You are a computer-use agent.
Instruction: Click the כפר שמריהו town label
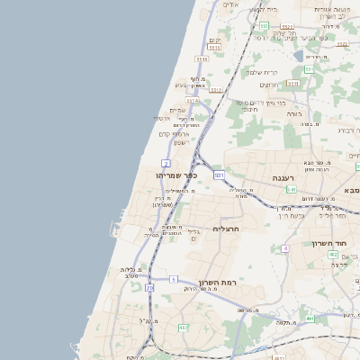(175, 175)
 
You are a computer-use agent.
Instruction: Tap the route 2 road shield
(166, 163)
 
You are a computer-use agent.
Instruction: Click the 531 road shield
(219, 174)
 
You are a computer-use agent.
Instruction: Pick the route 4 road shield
(285, 247)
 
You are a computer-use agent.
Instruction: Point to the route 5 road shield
(173, 280)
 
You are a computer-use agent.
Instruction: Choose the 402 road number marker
(333, 255)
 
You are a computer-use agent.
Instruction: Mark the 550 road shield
(264, 27)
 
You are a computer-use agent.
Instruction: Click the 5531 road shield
(202, 59)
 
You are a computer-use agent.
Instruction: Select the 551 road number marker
(308, 68)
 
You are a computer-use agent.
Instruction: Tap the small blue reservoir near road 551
(298, 56)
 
